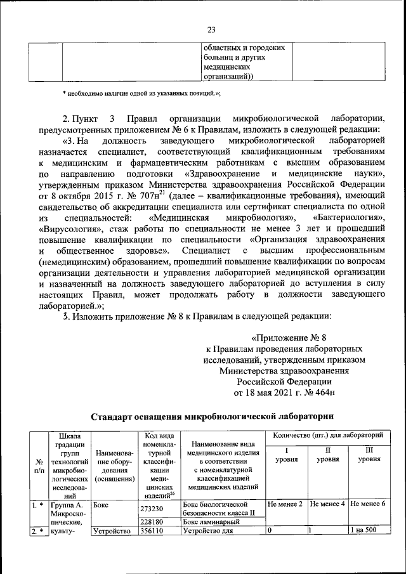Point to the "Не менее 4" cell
(327, 505)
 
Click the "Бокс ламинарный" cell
(209, 522)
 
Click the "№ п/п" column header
(39, 467)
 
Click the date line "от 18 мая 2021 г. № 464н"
(284, 393)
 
